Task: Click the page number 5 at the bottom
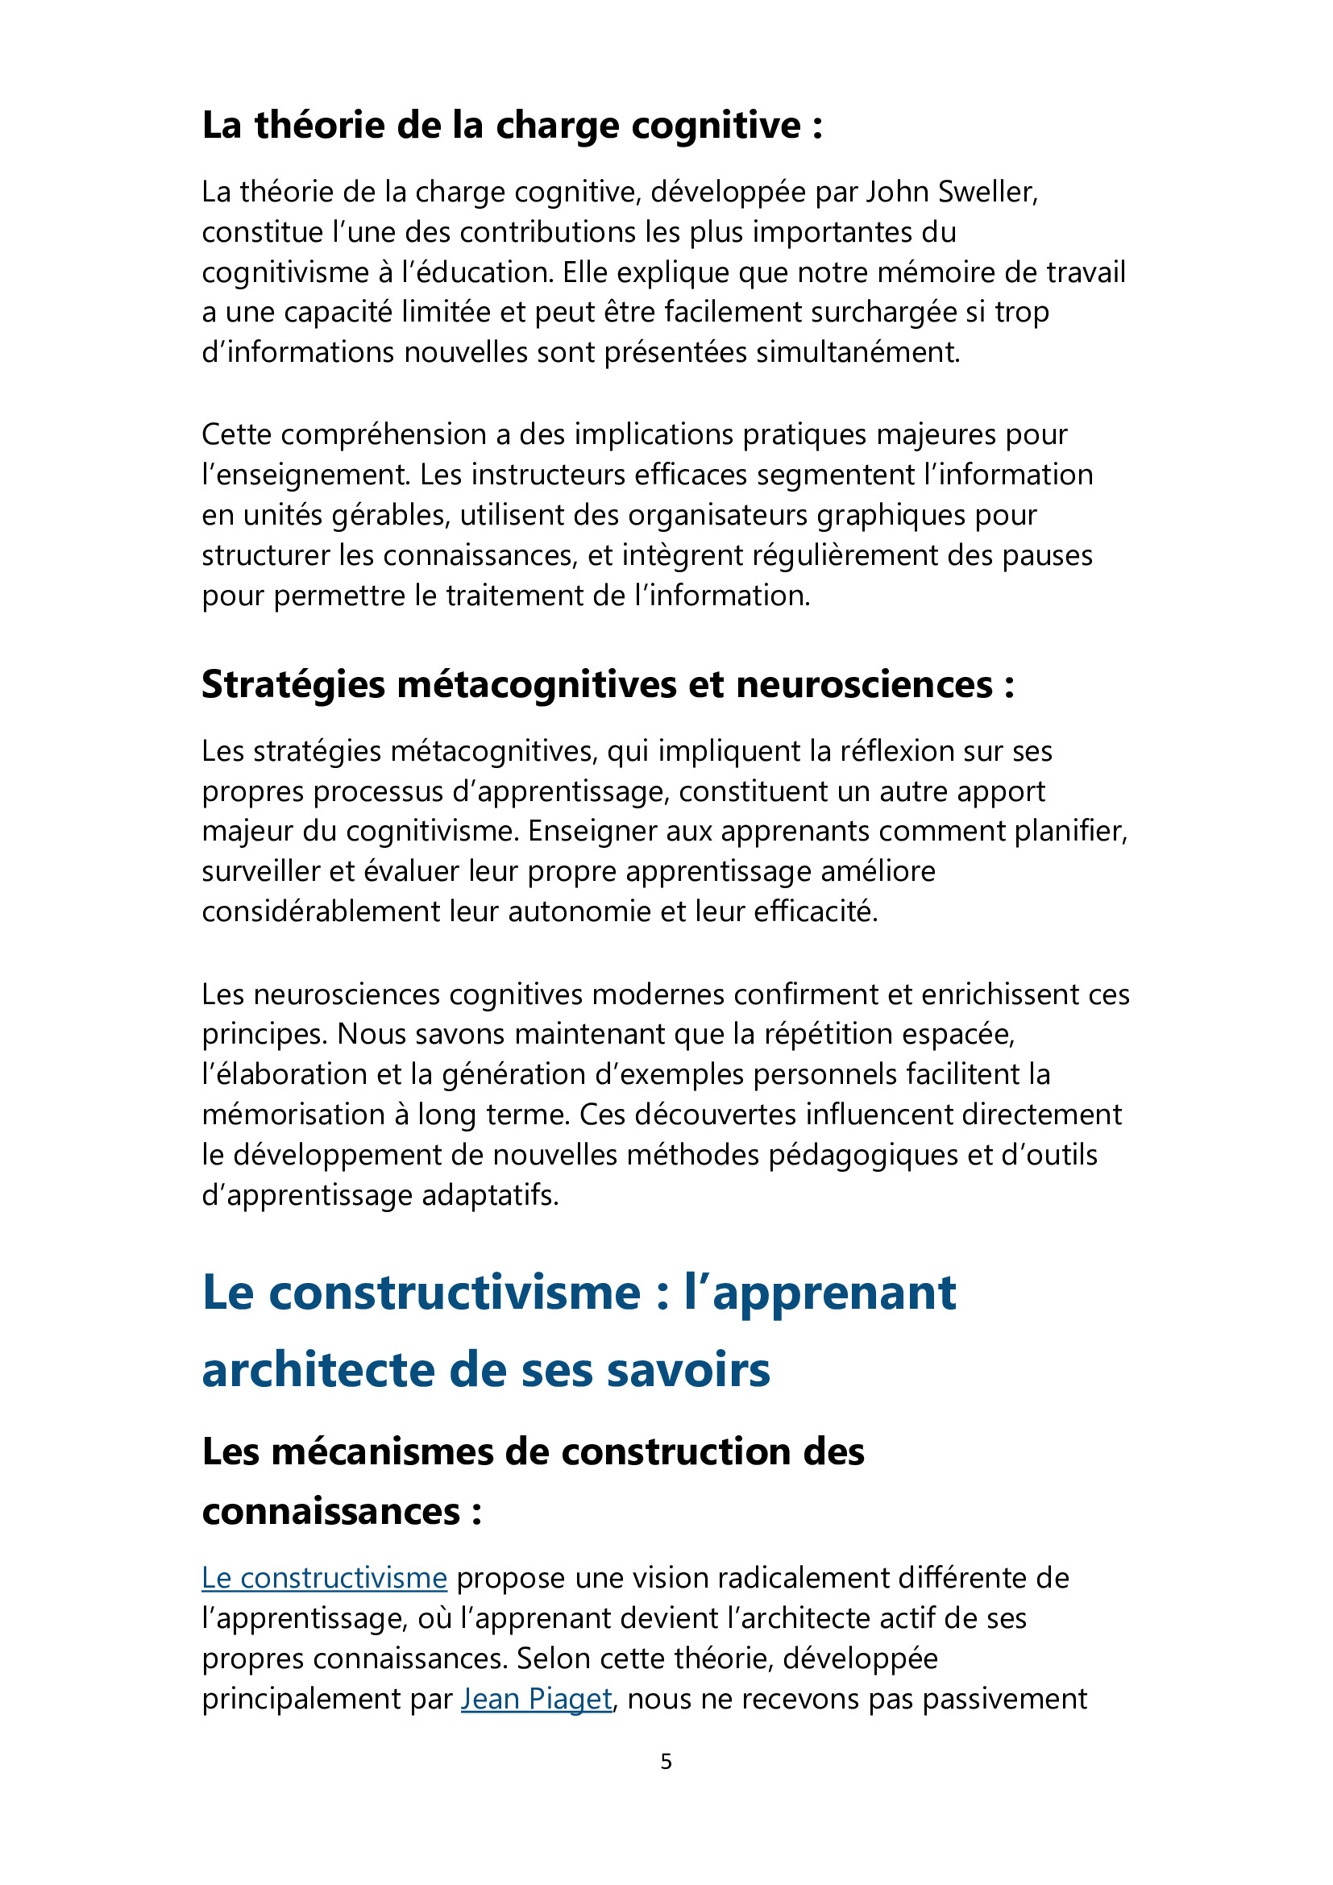[666, 1761]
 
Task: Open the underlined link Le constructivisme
[324, 1578]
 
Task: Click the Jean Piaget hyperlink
[536, 1699]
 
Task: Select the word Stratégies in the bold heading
[293, 685]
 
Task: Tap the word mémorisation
[293, 1115]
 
